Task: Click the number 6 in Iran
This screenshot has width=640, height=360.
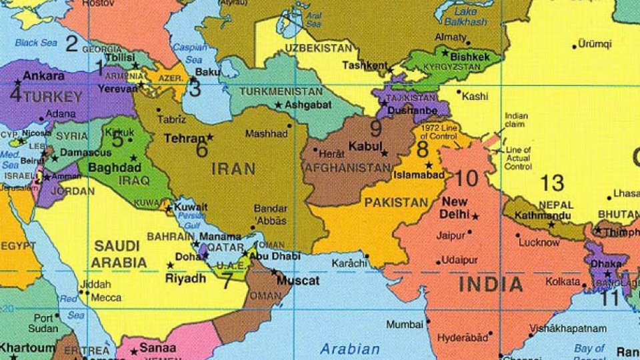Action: point(202,149)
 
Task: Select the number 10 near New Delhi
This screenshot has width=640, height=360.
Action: point(467,178)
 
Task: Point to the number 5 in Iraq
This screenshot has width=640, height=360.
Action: point(117,139)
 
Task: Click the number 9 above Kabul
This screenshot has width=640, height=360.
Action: point(376,127)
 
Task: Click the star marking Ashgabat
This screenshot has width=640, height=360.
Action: point(278,105)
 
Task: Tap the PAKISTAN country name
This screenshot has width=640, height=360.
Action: point(396,202)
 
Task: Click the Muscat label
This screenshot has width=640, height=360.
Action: point(298,281)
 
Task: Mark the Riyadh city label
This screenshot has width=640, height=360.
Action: point(185,279)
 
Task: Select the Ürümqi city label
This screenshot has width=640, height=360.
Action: point(595,45)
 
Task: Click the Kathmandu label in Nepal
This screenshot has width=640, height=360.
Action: point(529,216)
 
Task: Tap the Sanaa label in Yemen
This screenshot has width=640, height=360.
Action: point(158,348)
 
